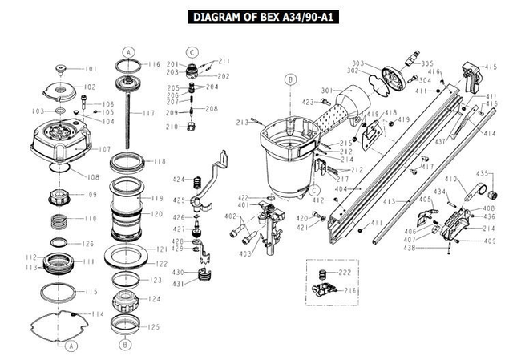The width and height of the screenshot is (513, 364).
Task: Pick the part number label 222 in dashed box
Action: tap(345, 273)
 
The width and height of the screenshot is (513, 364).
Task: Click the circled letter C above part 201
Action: tap(192, 51)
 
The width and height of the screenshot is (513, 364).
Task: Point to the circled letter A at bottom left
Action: tap(71, 346)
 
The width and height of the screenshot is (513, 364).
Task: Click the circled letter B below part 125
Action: tap(125, 345)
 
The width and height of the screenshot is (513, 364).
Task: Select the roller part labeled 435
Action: tap(485, 192)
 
